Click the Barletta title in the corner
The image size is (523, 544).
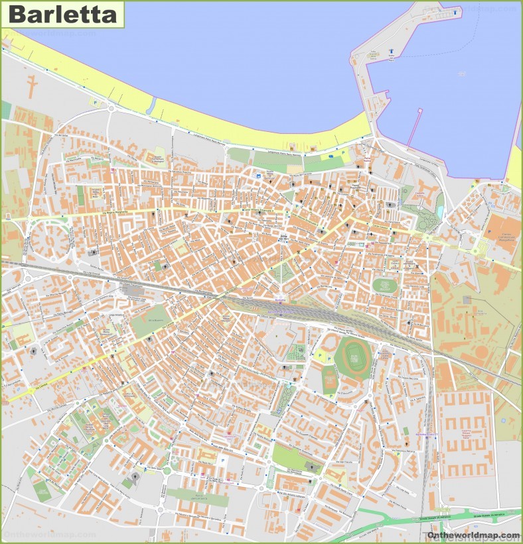pos(63,14)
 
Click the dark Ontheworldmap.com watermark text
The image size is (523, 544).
pos(473,535)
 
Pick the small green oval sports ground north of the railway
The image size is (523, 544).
pos(383,286)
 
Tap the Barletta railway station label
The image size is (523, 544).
pos(279,299)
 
